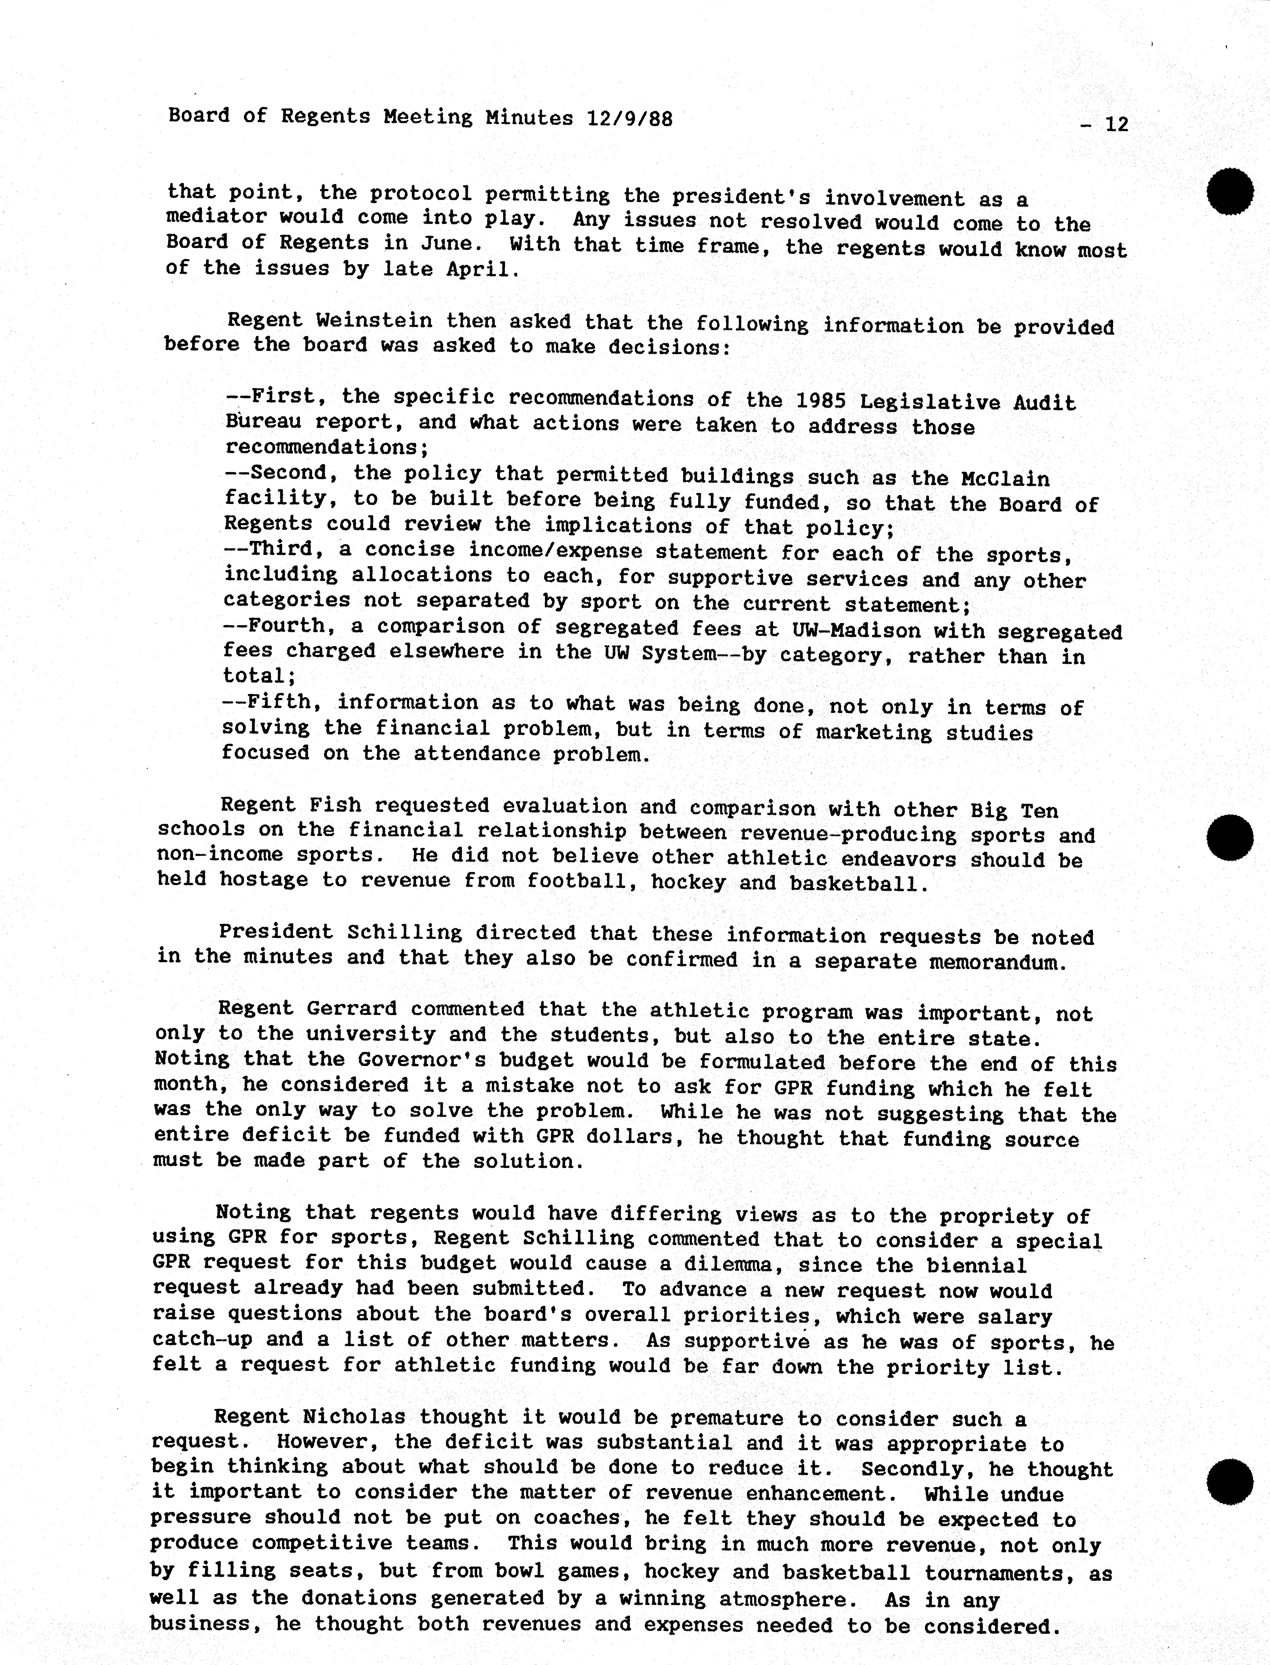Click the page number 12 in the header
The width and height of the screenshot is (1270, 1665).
point(1116,124)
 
